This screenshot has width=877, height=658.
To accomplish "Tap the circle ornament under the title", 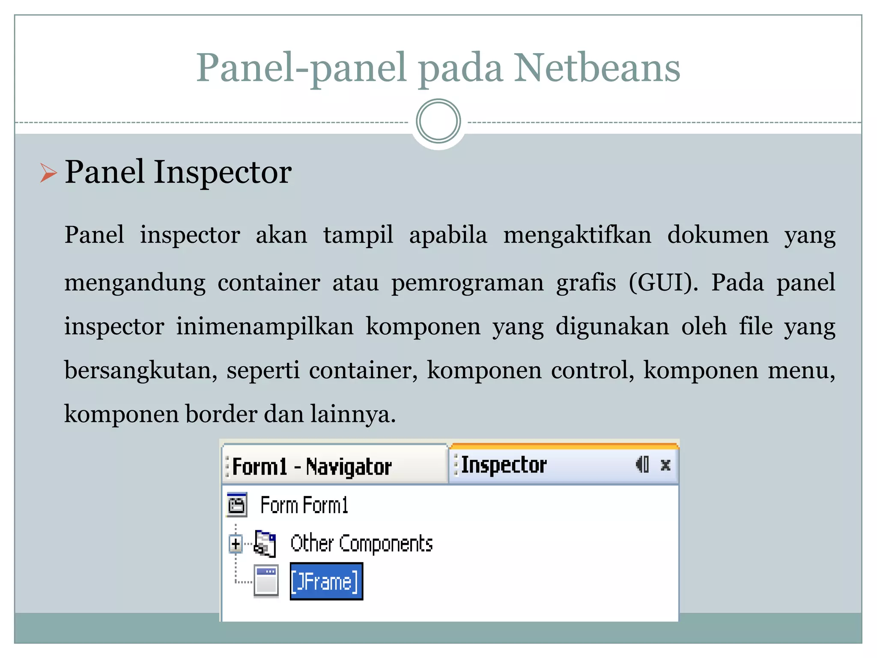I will pos(438,121).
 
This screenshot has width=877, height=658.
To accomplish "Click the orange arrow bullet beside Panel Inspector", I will pos(48,173).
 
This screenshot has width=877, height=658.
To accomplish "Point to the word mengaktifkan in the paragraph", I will pos(577,235).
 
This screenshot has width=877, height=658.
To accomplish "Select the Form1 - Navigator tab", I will pos(312,467).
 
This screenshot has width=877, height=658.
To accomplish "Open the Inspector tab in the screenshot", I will pos(504,465).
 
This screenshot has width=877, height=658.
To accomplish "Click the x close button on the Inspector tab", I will pos(665,465).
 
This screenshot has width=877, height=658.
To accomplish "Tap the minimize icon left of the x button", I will pos(643,464).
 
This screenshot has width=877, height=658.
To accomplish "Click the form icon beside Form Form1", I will pos(237,505).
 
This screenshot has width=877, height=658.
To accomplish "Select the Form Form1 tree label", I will pos(304,505).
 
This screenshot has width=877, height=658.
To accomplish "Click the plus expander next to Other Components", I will pos(236,544).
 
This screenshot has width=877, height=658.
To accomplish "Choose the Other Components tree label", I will pos(361,544).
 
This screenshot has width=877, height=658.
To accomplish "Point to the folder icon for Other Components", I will pos(265,544).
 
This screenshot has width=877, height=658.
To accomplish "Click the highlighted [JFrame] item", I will pos(326,582).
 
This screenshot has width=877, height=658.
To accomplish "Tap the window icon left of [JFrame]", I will pos(266,581).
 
